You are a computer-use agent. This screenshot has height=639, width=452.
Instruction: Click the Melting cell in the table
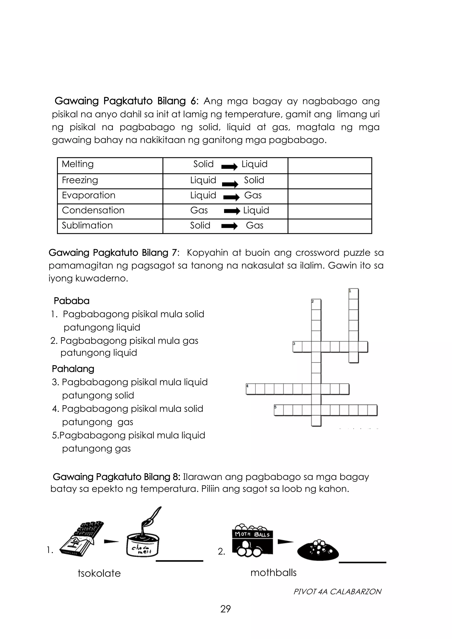coord(78,164)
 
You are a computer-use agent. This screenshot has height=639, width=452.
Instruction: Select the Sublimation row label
coord(87,226)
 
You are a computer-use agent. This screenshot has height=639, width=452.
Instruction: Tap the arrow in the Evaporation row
coord(231,197)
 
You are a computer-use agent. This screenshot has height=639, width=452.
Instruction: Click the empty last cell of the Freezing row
coord(330,181)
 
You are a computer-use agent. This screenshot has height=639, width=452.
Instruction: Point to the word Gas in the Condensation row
coord(199,210)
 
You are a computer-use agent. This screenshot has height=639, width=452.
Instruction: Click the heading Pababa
coord(72,301)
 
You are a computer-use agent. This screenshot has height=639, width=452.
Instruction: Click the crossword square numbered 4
coord(250,389)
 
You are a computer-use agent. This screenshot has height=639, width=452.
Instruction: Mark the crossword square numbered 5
coord(279,410)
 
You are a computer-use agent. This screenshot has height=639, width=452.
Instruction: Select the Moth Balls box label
coord(252,534)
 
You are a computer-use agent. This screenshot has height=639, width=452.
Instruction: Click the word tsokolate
coord(99,573)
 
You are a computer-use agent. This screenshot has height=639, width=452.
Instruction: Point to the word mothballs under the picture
coord(273,573)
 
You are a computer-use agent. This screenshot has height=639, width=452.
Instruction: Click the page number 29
coord(225,609)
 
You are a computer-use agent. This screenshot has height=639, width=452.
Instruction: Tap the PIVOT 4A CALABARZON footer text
coord(337,592)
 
